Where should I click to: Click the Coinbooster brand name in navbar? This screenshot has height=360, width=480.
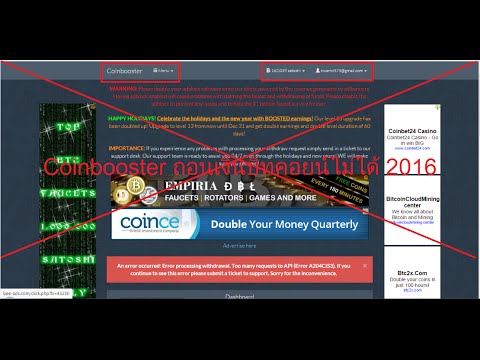[126, 71]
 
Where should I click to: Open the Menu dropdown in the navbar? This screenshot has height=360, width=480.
[164, 71]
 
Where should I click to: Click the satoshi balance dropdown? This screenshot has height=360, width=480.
[286, 71]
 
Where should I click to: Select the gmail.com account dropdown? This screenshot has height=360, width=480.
[341, 71]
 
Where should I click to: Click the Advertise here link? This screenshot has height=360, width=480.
[239, 245]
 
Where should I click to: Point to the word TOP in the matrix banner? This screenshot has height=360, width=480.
[68, 129]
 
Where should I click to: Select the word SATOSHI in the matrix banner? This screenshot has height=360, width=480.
[67, 258]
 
